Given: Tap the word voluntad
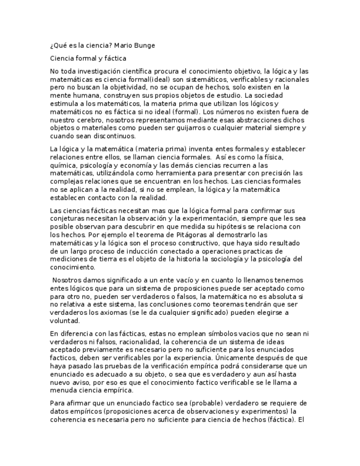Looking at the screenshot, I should [64, 321].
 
